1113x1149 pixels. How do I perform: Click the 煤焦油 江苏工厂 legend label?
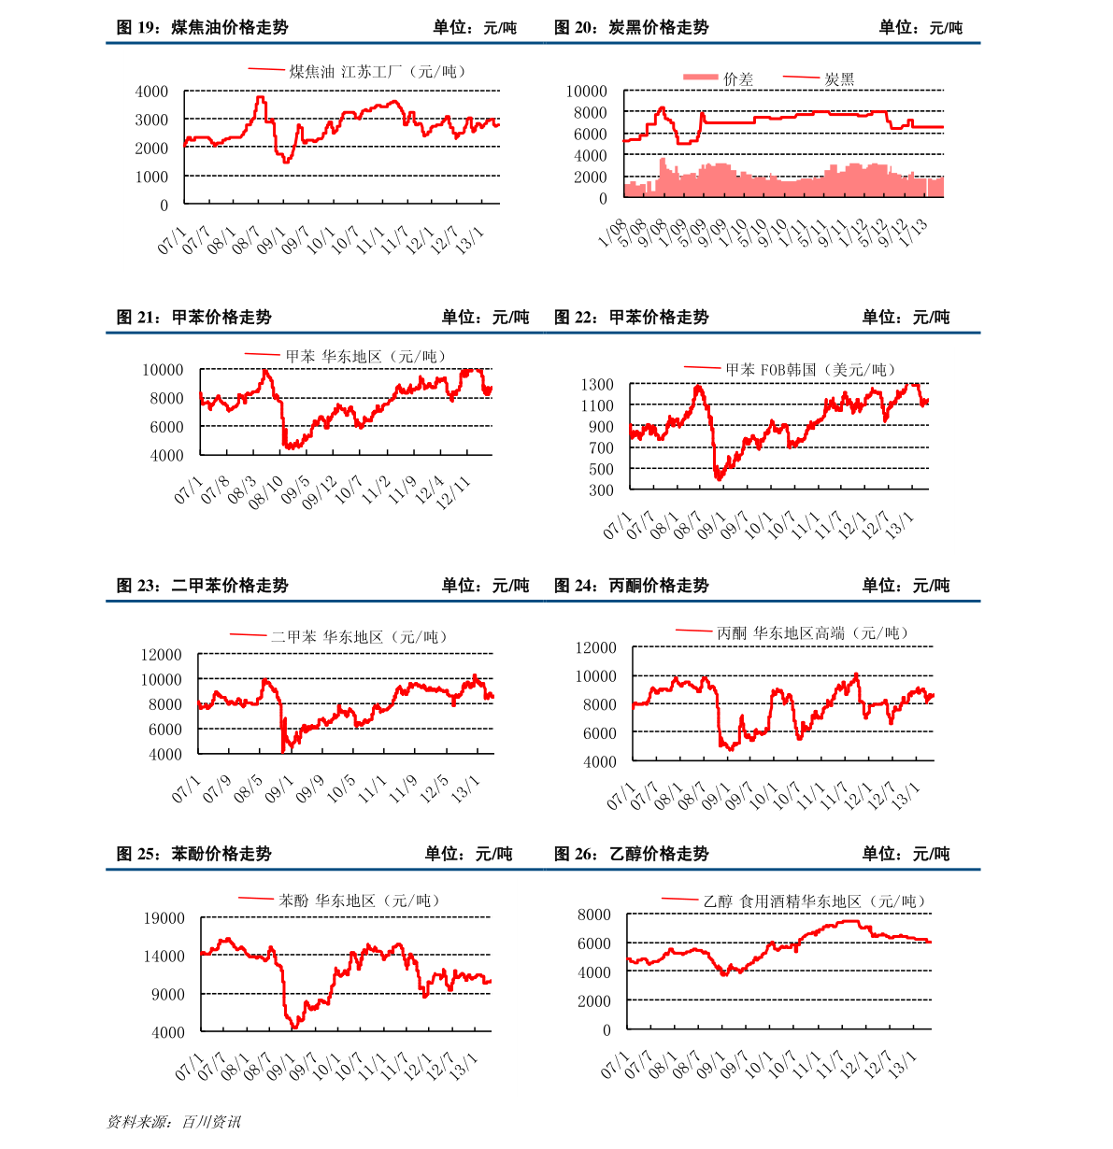click(x=377, y=71)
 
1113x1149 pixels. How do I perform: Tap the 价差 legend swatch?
click(x=700, y=78)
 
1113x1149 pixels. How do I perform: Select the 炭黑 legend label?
click(x=839, y=79)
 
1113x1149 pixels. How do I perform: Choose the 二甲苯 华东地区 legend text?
click(x=359, y=637)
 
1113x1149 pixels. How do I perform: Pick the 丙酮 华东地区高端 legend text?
click(x=813, y=633)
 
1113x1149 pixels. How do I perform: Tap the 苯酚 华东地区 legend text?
click(x=359, y=901)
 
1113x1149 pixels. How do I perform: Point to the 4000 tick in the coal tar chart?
click(x=151, y=92)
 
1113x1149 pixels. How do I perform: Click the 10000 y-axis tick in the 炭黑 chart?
click(x=587, y=92)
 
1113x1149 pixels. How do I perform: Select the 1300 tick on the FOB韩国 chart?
click(x=596, y=385)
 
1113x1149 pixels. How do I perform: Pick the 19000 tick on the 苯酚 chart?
click(x=164, y=918)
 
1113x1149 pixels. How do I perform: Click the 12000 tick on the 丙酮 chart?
click(x=596, y=647)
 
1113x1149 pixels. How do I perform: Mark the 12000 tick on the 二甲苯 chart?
click(x=162, y=655)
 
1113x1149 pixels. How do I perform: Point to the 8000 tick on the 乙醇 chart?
click(x=593, y=915)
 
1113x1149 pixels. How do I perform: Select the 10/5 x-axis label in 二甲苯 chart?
click(x=341, y=789)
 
